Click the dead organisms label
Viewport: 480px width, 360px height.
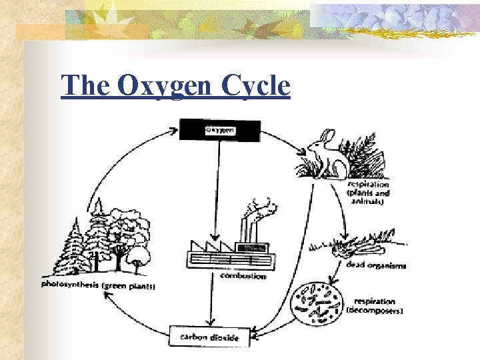(376, 265)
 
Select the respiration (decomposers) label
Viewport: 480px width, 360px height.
(375, 306)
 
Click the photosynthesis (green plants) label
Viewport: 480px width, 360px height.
(99, 285)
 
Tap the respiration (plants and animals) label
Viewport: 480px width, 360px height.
(368, 193)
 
